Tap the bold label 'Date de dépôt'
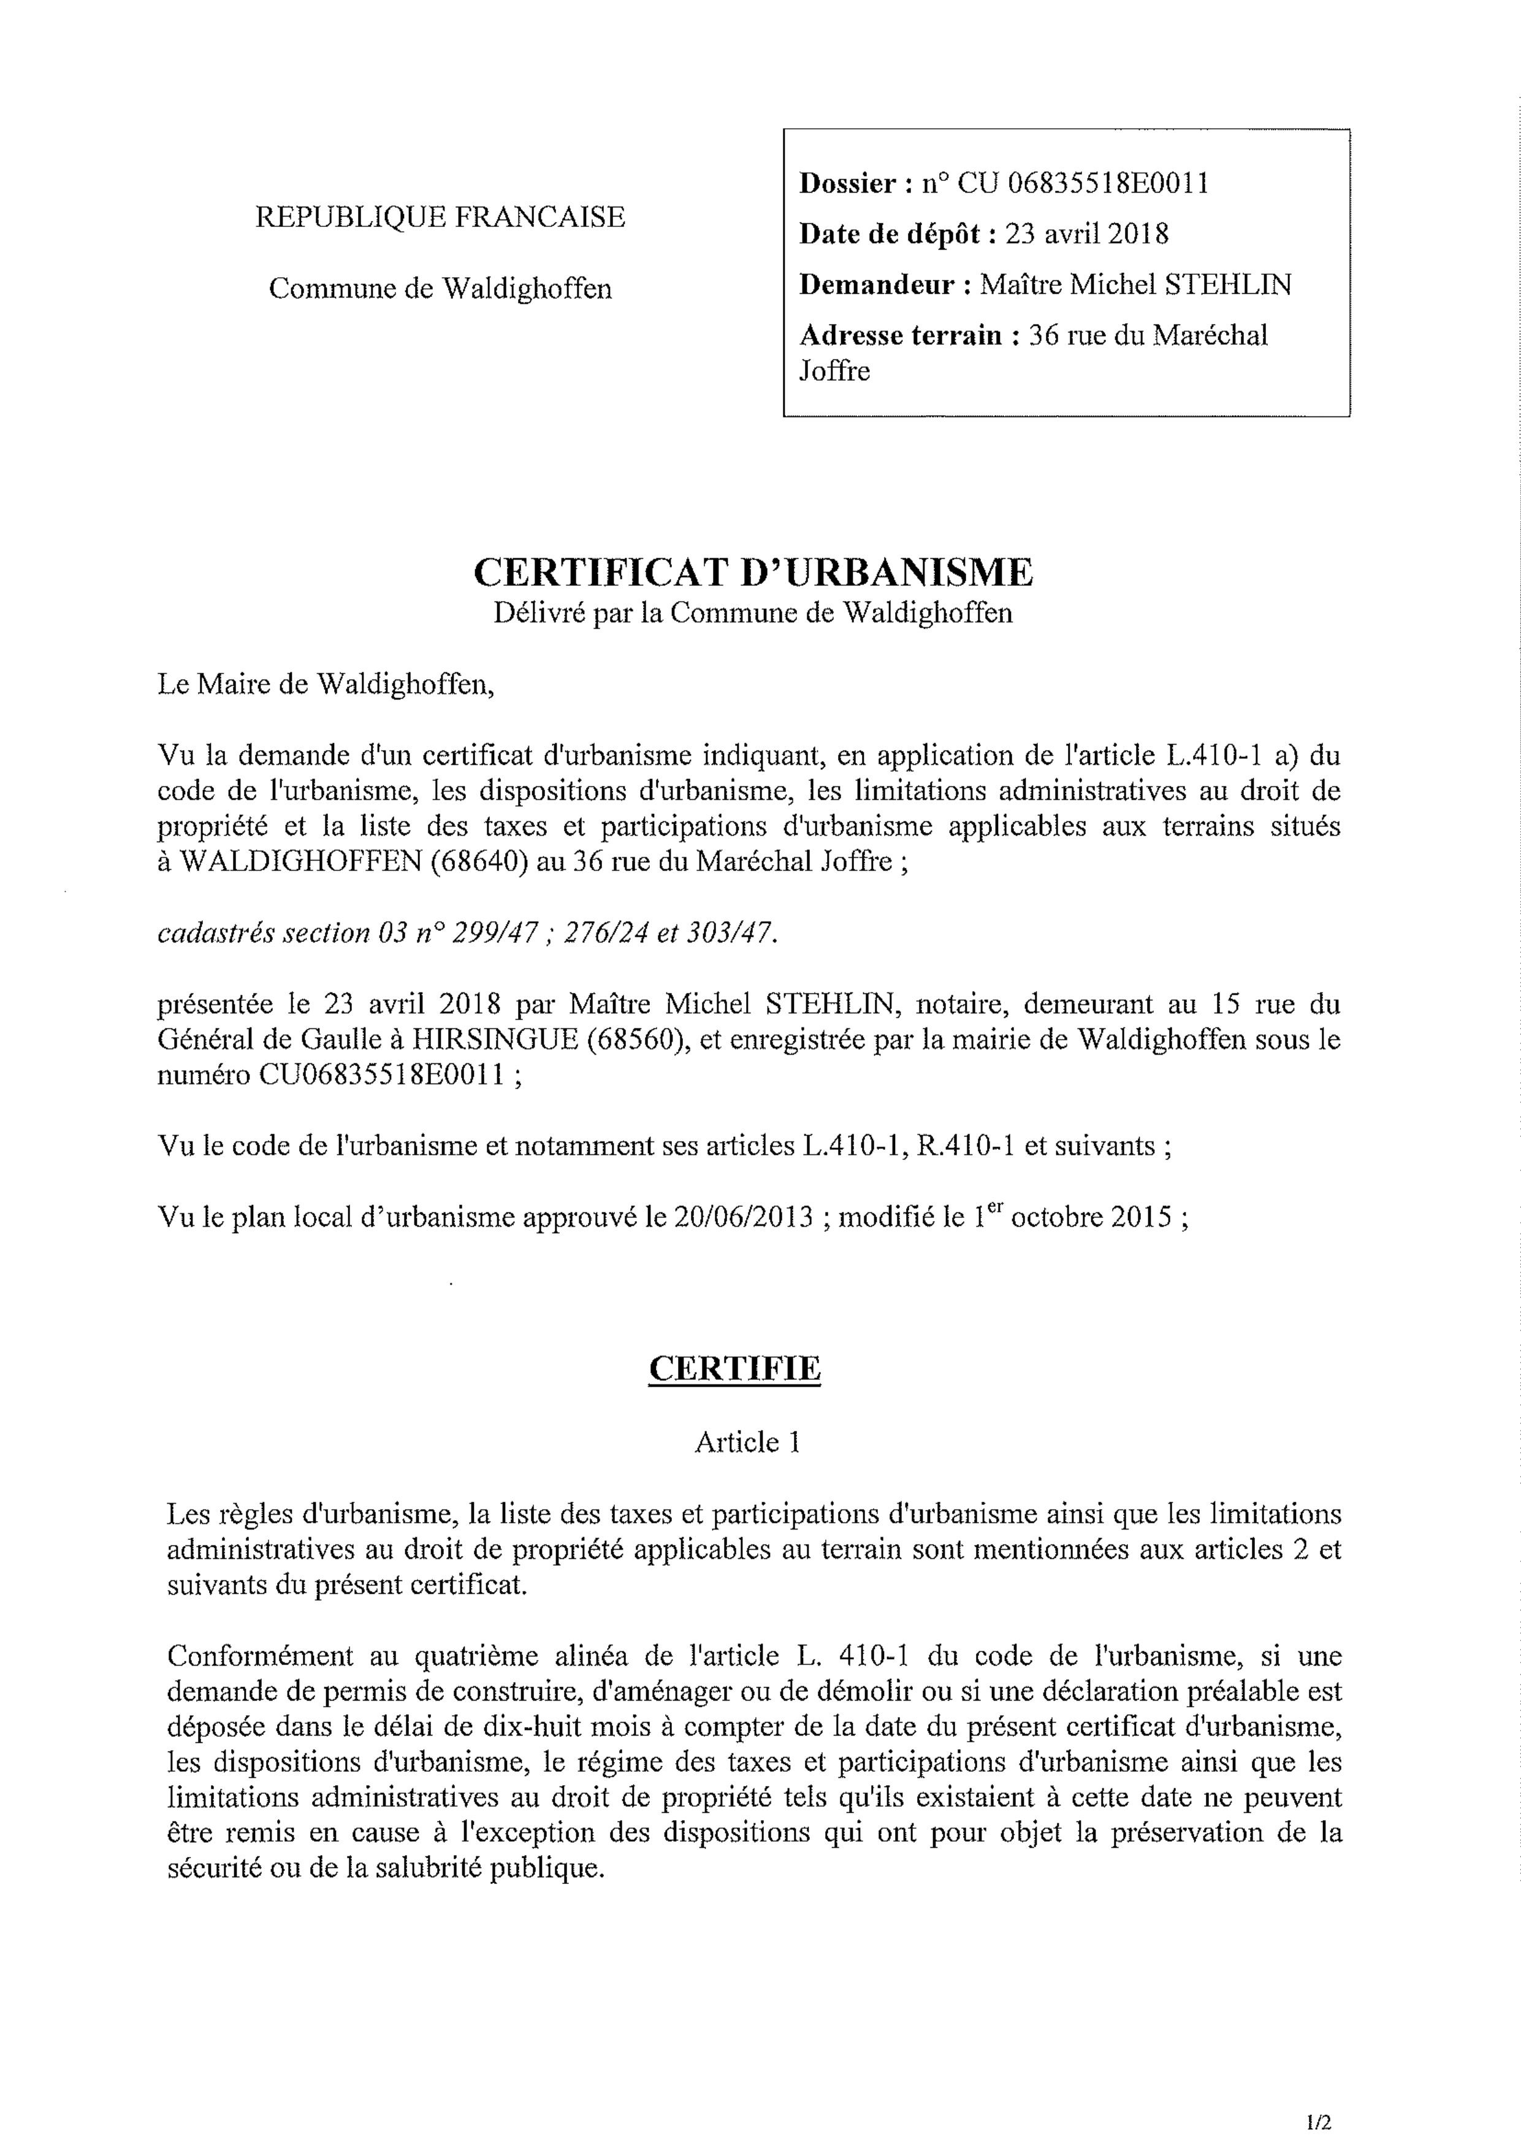[x=897, y=234]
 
